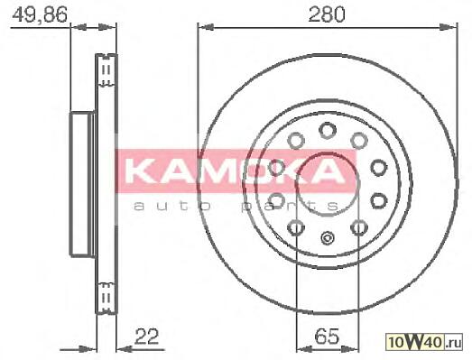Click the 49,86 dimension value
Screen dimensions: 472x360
(39, 14)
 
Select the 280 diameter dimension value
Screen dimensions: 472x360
(327, 14)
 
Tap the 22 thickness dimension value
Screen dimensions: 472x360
(146, 337)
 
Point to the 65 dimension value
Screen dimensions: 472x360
(327, 337)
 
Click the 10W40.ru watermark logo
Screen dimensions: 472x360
(424, 342)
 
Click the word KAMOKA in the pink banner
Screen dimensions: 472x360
(235, 171)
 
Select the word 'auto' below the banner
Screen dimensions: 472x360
(171, 207)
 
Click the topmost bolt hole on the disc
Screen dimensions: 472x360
(328, 130)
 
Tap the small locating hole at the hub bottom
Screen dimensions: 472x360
(328, 238)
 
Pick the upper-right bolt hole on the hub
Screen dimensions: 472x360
(359, 141)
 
